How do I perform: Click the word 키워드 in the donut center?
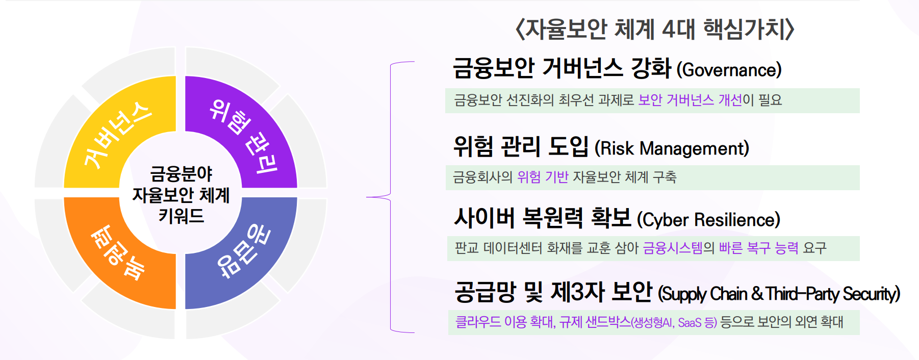click(x=181, y=216)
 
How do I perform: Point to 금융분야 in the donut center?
click(x=181, y=174)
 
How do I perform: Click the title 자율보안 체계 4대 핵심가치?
click(x=655, y=29)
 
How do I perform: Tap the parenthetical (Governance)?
click(x=729, y=70)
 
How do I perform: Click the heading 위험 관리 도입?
click(x=521, y=147)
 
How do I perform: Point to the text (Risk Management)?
click(x=672, y=149)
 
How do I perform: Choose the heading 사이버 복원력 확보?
click(x=543, y=218)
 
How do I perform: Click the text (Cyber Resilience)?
click(x=708, y=220)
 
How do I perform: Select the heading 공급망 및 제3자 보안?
click(x=553, y=292)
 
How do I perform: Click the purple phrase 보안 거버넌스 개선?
click(x=690, y=100)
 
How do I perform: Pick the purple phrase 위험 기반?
click(x=543, y=177)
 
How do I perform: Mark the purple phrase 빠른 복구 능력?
click(x=758, y=248)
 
